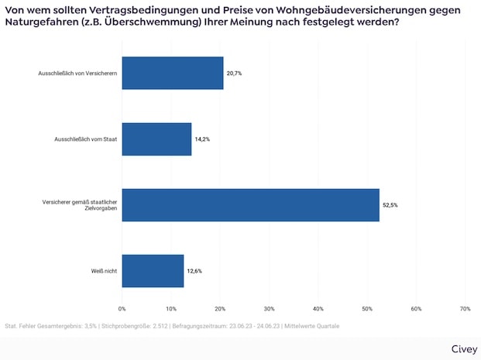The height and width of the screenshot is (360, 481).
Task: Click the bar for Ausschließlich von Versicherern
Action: tap(172, 73)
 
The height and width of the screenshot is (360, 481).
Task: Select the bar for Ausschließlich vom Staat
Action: tap(156, 139)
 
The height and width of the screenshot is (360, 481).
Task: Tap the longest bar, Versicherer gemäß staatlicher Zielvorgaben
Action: tap(250, 205)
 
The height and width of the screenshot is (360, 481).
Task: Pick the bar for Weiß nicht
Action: tap(153, 271)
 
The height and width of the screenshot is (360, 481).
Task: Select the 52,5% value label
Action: tap(390, 205)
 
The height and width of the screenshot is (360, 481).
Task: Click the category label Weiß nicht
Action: tap(105, 271)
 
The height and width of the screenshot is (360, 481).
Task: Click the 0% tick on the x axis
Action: tap(122, 309)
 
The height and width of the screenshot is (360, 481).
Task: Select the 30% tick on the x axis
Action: tap(269, 309)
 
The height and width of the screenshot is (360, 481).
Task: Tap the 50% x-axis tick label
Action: tap(366, 309)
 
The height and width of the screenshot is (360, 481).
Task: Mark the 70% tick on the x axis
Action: tap(465, 309)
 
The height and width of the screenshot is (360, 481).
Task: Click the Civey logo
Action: tap(462, 348)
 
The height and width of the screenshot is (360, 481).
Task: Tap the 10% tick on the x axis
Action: tap(170, 309)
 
